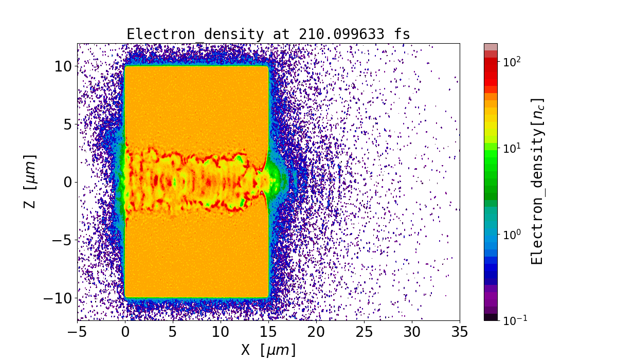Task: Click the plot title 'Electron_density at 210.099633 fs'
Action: click(x=268, y=34)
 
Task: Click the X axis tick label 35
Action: click(x=460, y=332)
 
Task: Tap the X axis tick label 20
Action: click(x=316, y=332)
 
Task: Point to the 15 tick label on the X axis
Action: click(x=268, y=332)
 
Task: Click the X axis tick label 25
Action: click(x=364, y=332)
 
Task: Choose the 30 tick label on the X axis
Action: click(x=412, y=332)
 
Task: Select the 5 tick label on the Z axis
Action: click(x=67, y=124)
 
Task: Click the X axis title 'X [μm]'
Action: click(x=268, y=350)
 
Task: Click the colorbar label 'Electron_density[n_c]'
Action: click(x=537, y=181)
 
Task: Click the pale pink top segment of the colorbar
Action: click(x=491, y=47)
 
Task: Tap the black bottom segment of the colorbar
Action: click(x=491, y=317)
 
